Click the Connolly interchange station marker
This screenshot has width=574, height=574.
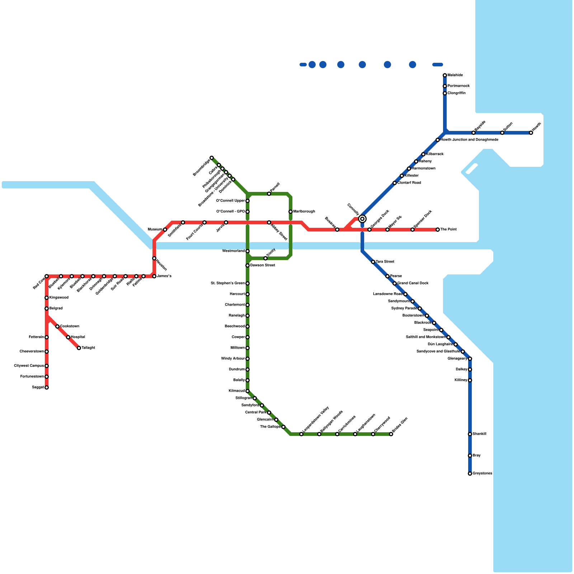click(362, 219)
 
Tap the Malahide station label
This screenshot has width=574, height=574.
click(455, 75)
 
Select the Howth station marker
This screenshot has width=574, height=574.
click(531, 133)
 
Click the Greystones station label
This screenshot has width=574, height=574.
click(482, 474)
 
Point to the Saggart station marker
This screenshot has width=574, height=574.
click(47, 387)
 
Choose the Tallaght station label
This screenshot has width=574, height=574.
click(88, 348)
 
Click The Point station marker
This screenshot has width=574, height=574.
click(438, 230)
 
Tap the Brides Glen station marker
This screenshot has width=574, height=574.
click(391, 434)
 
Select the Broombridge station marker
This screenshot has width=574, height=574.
click(212, 158)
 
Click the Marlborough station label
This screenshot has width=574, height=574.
click(304, 212)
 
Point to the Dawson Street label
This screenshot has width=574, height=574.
click(263, 265)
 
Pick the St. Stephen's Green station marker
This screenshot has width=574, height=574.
click(248, 283)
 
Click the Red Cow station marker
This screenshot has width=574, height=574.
click(47, 276)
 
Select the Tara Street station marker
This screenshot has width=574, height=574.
click(373, 262)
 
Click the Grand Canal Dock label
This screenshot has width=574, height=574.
click(413, 283)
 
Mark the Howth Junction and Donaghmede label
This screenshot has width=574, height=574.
click(469, 140)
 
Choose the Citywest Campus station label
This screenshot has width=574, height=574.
click(29, 366)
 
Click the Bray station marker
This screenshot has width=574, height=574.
click(470, 456)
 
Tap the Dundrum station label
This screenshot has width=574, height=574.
click(237, 370)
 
